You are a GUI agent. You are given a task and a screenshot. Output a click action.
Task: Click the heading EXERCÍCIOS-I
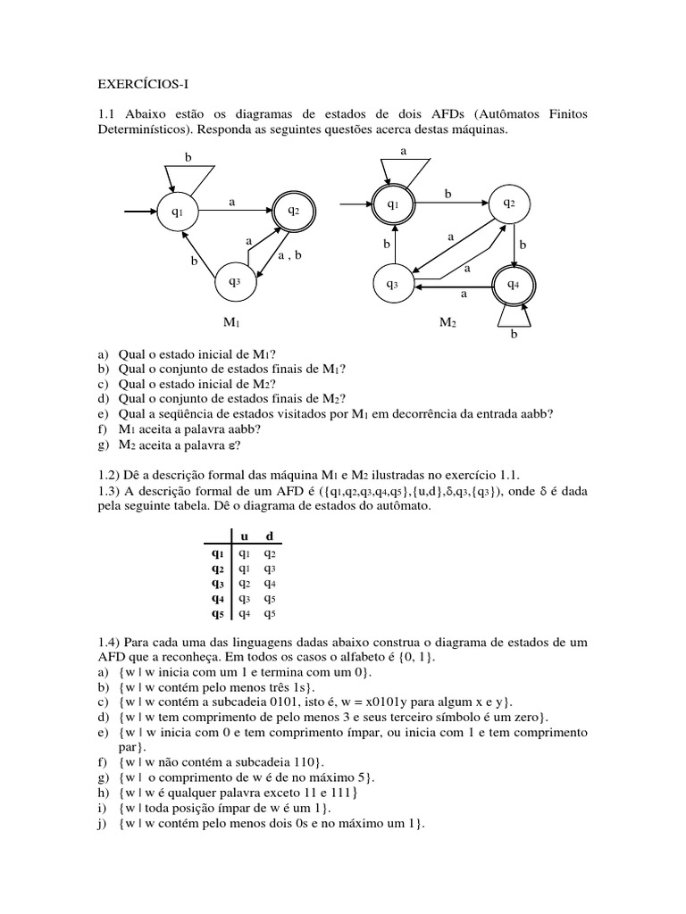(142, 85)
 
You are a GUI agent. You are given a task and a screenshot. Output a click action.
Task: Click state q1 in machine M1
(177, 212)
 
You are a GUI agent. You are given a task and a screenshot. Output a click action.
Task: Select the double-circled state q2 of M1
(293, 211)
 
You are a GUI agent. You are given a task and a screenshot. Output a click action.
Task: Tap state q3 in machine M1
(234, 281)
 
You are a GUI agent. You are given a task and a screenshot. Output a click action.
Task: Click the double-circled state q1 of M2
(392, 204)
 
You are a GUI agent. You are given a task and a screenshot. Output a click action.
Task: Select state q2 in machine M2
(508, 203)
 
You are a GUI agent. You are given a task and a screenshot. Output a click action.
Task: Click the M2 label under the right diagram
(448, 322)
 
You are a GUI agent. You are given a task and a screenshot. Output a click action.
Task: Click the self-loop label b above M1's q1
(188, 157)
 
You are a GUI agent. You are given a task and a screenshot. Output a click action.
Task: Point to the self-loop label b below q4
(513, 335)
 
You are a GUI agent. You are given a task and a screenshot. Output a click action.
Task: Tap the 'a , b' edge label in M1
(290, 255)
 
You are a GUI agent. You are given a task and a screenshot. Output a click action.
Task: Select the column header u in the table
(245, 535)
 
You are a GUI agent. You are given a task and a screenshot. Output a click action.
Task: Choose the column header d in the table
(269, 535)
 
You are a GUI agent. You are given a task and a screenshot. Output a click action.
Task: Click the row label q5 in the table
(218, 613)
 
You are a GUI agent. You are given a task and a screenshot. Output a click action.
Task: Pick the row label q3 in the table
(218, 583)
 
